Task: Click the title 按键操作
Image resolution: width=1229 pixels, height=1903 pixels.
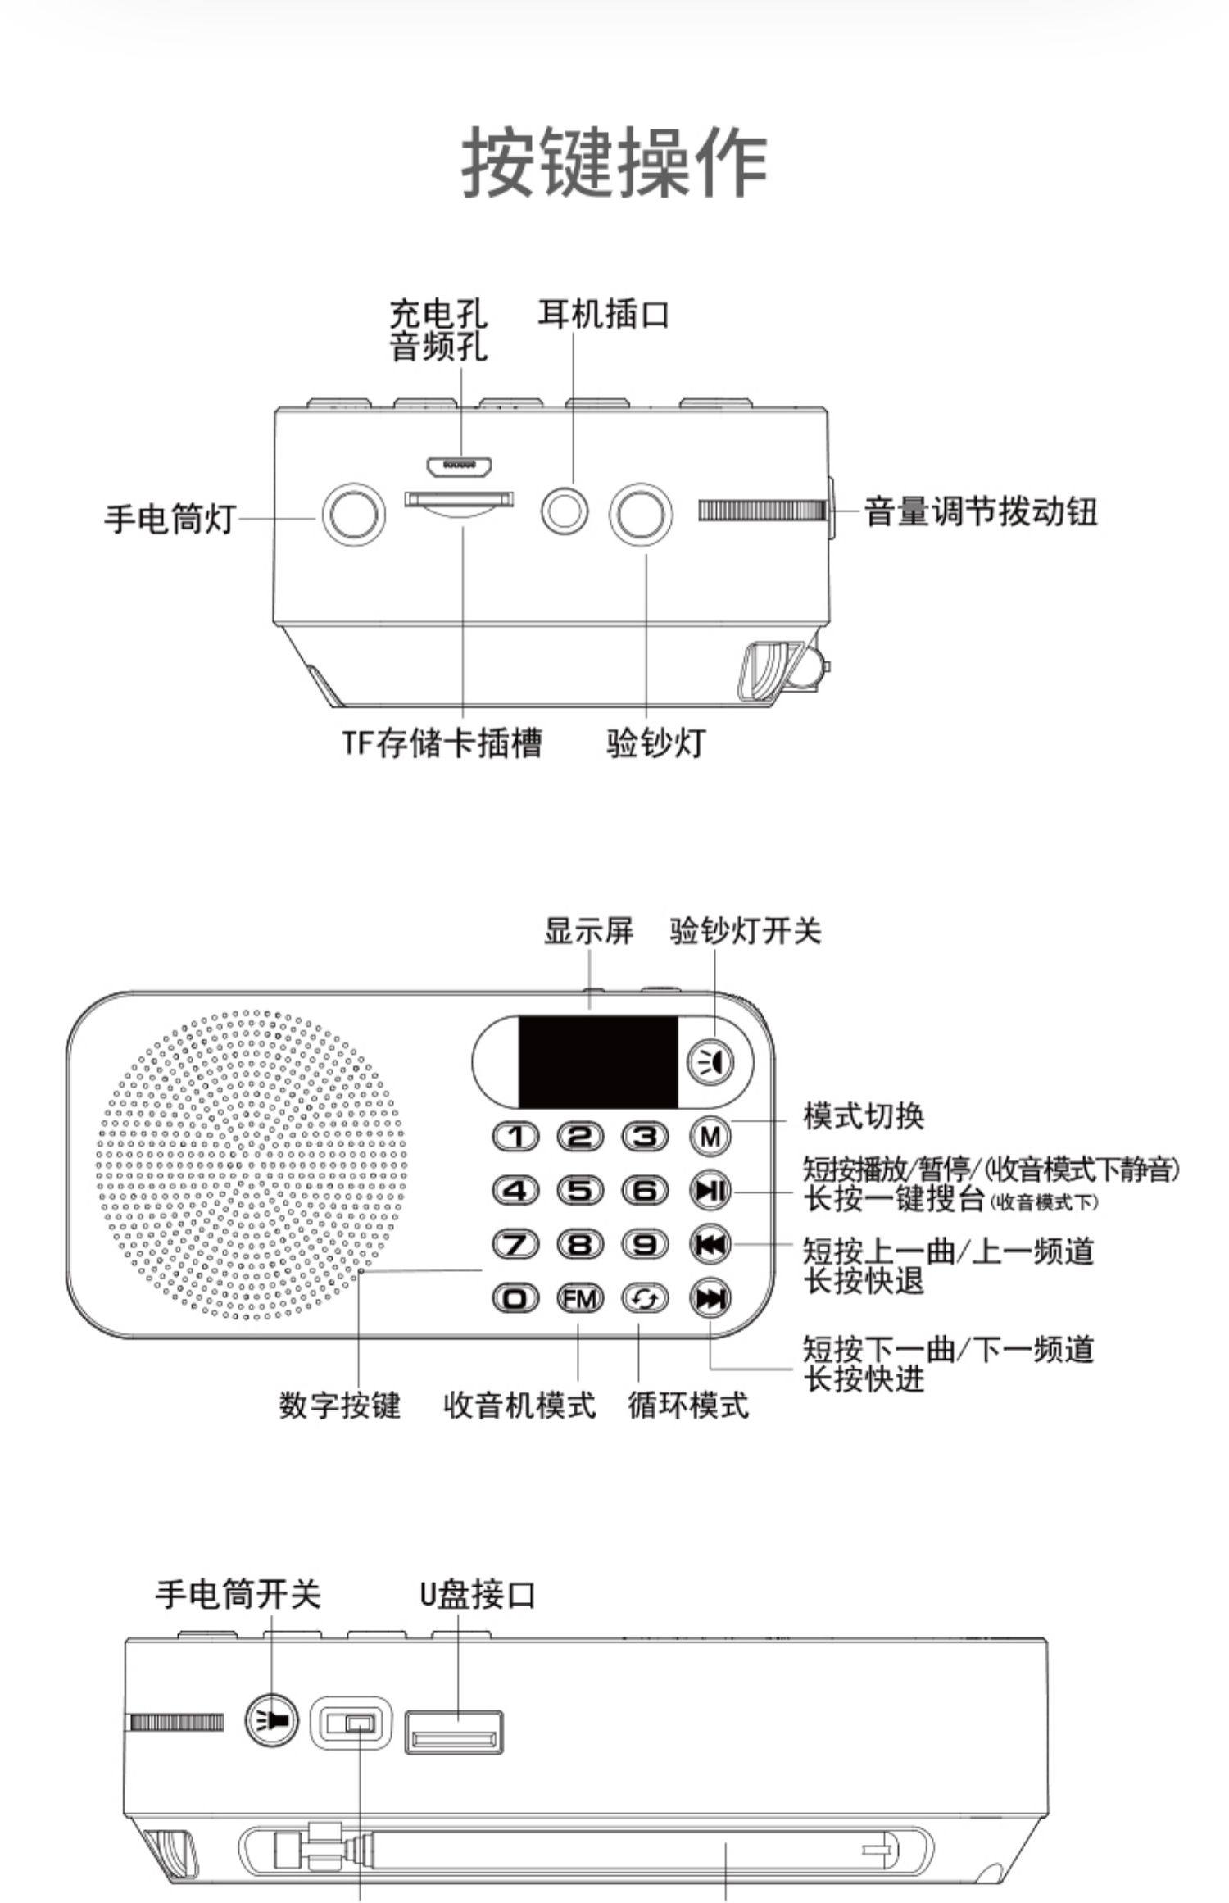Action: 614,162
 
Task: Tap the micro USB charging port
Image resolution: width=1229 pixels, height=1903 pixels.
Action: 459,466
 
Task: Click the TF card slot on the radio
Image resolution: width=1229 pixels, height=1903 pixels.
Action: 460,503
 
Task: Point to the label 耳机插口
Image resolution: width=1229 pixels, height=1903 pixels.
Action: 603,315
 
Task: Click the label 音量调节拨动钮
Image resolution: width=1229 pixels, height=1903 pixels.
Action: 981,512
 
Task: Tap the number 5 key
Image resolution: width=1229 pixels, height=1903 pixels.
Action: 580,1189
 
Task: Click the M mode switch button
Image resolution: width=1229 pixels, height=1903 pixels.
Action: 710,1136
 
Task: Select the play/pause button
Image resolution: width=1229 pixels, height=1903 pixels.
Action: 710,1190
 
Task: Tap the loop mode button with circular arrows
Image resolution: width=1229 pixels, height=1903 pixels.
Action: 646,1298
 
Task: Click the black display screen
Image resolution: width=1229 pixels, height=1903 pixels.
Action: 598,1062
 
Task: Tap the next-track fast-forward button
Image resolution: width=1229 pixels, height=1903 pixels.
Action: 710,1298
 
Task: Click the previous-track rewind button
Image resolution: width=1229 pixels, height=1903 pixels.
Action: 710,1244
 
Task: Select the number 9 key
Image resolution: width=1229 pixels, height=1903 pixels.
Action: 646,1244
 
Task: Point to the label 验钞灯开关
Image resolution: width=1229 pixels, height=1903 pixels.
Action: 745,931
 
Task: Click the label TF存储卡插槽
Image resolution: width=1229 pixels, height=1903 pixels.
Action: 442,743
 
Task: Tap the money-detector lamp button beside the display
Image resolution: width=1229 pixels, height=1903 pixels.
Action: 710,1062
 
